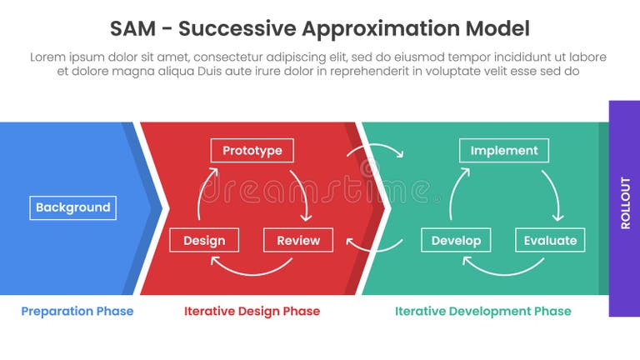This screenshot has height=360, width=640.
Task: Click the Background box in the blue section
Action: (72, 207)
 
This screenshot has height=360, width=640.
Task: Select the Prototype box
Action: (252, 151)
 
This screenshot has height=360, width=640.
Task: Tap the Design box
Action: (204, 240)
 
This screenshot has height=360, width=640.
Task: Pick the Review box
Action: (297, 240)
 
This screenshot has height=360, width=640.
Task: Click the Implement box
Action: (504, 151)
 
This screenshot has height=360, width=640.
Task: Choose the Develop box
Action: (456, 240)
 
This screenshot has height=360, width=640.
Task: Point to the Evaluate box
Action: (550, 240)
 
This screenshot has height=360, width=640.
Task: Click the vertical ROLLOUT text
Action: (625, 202)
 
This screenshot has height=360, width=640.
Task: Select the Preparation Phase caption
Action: (77, 311)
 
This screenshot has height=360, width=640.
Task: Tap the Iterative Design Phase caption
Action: (252, 311)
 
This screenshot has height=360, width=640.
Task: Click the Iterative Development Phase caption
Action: (482, 311)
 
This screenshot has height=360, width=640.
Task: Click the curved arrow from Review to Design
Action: (252, 267)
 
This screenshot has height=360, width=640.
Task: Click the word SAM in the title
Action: (132, 29)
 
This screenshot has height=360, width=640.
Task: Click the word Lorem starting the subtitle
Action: (48, 57)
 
